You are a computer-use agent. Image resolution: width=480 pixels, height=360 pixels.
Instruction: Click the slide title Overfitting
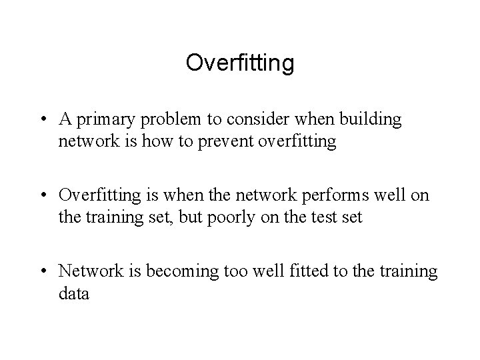tap(240, 63)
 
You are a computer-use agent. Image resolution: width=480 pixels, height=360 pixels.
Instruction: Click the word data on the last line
tap(73, 293)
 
